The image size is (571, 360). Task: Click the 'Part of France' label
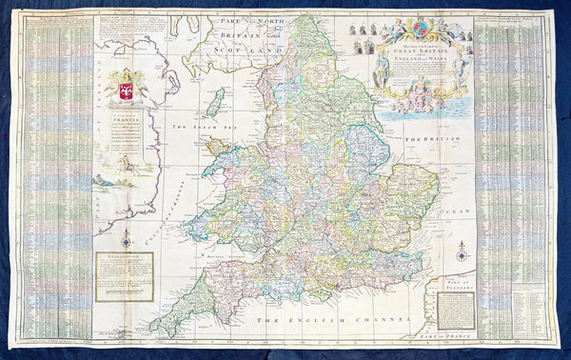pyautogui.click(x=448, y=329)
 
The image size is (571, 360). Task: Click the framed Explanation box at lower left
pyautogui.click(x=124, y=276)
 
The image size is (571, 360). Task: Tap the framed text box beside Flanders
pyautogui.click(x=455, y=309)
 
